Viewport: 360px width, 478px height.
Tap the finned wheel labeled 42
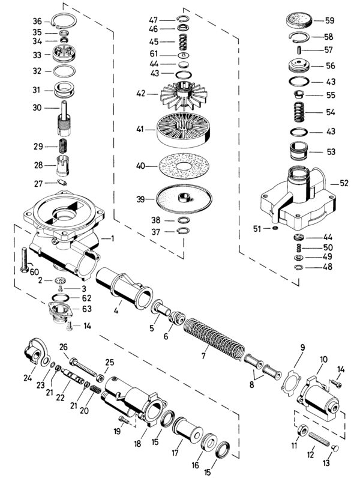point(181,95)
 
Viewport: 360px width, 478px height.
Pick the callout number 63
point(87,309)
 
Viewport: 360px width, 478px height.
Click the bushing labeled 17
point(188,431)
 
